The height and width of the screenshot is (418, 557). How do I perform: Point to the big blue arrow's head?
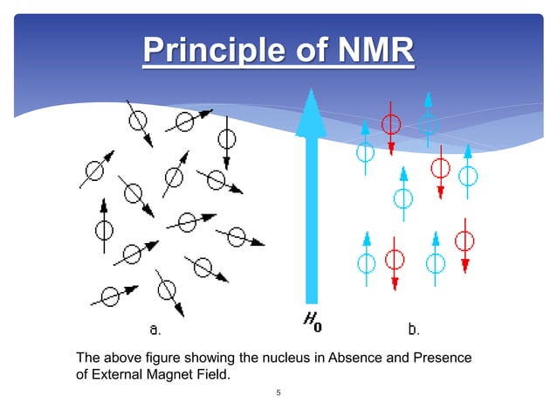tap(311, 115)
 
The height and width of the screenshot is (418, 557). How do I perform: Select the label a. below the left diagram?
tap(155, 330)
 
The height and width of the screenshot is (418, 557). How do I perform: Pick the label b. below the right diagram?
tap(415, 330)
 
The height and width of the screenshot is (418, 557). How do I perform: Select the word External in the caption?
tap(113, 375)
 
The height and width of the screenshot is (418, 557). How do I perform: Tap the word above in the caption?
tap(120, 358)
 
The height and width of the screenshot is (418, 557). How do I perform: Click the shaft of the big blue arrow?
tap(311, 219)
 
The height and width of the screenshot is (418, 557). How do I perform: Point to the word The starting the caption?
tap(88, 358)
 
